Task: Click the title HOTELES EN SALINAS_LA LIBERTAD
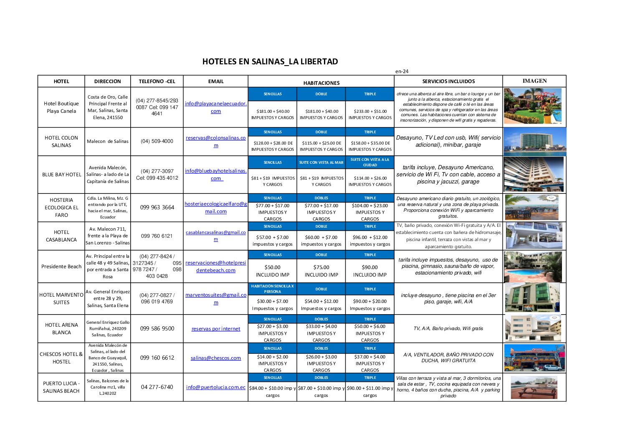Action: [x=270, y=61]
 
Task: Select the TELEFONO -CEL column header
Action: [x=157, y=81]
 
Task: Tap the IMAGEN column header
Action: [x=534, y=81]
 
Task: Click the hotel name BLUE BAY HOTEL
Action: [x=61, y=175]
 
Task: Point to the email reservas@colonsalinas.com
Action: [x=216, y=142]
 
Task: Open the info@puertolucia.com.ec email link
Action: [x=216, y=387]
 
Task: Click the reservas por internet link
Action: [x=216, y=329]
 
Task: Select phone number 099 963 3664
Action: [x=157, y=207]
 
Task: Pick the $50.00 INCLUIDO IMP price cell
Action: [x=273, y=271]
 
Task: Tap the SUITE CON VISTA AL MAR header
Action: [x=321, y=163]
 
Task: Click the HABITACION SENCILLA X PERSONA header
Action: [x=273, y=289]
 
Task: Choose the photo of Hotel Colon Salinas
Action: [x=534, y=142]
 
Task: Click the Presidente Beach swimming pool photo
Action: [x=533, y=267]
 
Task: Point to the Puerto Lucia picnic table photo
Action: [x=534, y=387]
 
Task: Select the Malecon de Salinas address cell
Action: [x=108, y=141]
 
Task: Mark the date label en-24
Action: [x=402, y=71]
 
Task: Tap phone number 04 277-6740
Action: [x=157, y=387]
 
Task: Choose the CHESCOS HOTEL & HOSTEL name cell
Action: [x=61, y=358]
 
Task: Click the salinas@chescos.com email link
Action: [x=216, y=358]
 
